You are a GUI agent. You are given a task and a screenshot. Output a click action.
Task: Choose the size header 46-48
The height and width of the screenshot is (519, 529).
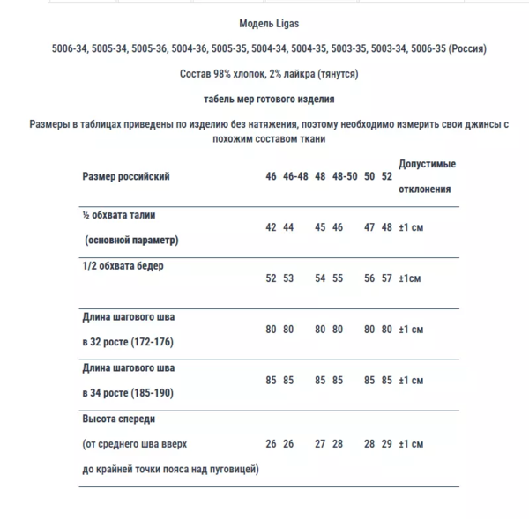[295, 176]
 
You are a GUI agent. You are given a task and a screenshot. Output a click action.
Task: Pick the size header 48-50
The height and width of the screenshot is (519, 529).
[344, 176]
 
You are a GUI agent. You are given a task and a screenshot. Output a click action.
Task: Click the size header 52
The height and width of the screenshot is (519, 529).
[386, 176]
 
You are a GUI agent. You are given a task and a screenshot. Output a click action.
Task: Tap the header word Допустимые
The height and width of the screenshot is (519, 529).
[428, 164]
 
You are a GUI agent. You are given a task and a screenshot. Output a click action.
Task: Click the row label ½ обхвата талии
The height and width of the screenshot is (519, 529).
[119, 215]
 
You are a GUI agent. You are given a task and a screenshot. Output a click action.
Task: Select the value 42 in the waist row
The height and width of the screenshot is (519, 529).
[271, 227]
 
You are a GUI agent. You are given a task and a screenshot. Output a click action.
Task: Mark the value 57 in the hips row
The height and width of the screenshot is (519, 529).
[386, 278]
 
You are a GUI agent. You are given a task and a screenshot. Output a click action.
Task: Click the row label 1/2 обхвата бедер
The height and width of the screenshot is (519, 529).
[123, 265]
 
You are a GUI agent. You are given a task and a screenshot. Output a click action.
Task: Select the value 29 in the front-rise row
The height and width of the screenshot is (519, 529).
[386, 443]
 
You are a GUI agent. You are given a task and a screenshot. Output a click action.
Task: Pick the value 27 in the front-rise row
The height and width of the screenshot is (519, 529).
[320, 443]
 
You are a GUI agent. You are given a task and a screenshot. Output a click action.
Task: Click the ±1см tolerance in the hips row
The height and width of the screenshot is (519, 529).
[410, 278]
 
